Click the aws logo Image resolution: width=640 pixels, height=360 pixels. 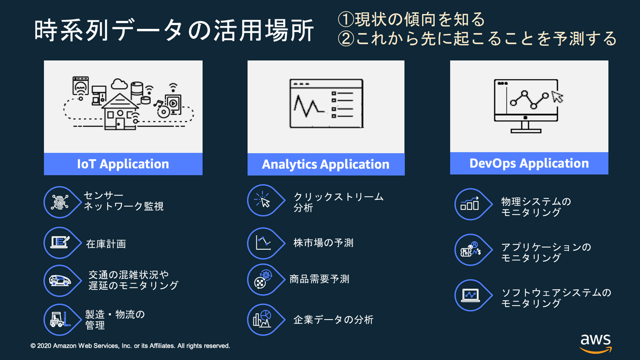point(596,342)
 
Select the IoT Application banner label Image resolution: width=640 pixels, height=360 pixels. point(123,164)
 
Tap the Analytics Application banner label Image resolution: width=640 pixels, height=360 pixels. point(326,164)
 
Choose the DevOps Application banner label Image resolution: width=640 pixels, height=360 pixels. point(529,163)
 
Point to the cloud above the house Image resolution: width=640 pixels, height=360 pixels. point(119,84)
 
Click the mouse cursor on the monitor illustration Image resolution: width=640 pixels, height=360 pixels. point(557,97)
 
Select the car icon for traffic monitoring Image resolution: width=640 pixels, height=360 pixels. point(60,281)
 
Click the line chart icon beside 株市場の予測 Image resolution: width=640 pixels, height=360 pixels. point(263,243)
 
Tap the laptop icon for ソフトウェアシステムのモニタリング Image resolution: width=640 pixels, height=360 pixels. point(470,295)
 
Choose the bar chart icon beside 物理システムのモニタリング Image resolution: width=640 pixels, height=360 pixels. point(470,204)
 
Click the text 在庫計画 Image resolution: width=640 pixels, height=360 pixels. point(106,244)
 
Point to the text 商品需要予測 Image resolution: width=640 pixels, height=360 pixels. point(319,279)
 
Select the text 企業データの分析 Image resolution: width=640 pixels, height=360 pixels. point(333,320)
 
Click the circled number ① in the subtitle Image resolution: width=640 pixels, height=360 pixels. point(346,19)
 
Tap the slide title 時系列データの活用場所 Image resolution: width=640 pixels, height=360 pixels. point(174,30)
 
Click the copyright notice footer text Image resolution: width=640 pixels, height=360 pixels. point(130,346)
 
